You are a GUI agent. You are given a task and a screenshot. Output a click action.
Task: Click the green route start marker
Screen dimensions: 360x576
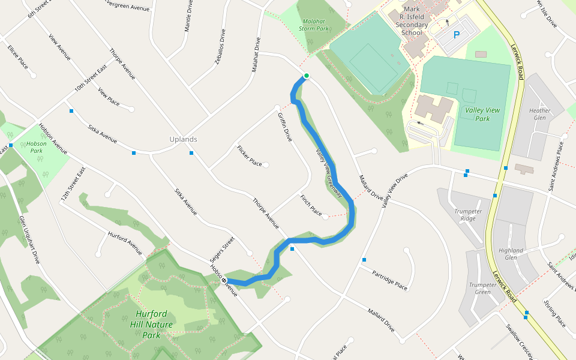point(306,76)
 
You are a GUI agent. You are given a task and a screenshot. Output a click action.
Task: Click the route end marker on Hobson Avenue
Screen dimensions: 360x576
point(224,280)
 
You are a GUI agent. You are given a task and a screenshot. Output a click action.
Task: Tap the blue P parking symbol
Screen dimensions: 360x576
point(457,35)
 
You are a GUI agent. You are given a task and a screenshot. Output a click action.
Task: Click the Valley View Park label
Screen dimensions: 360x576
point(485,114)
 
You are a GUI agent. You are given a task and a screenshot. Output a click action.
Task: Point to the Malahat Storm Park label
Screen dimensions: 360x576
point(314,25)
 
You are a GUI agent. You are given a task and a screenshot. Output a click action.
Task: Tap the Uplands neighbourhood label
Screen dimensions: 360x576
point(183,139)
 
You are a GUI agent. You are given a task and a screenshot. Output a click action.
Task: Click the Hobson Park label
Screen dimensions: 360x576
point(37,148)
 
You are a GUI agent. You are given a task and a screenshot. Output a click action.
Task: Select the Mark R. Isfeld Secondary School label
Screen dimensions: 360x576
point(412,21)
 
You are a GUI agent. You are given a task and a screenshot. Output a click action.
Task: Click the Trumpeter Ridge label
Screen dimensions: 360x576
point(468,215)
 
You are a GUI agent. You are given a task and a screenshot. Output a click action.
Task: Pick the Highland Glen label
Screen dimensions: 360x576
point(511,254)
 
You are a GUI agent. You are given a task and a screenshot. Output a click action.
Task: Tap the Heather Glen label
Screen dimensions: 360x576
point(539,115)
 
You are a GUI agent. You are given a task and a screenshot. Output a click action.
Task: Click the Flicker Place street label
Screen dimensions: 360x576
point(250,156)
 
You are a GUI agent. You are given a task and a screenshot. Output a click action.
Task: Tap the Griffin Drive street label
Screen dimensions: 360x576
point(284,127)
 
